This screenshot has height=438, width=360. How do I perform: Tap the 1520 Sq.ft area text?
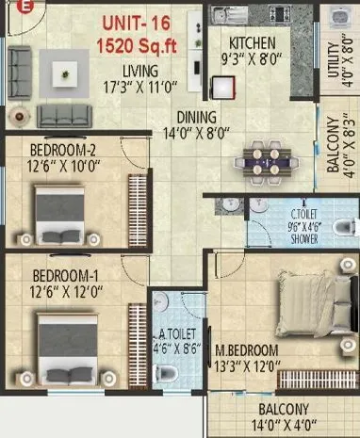(x=138, y=43)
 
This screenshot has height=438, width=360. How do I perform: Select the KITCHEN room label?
(x=253, y=43)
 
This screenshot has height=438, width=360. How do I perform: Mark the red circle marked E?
(x=5, y=5)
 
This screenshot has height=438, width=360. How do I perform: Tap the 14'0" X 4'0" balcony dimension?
(x=285, y=424)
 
